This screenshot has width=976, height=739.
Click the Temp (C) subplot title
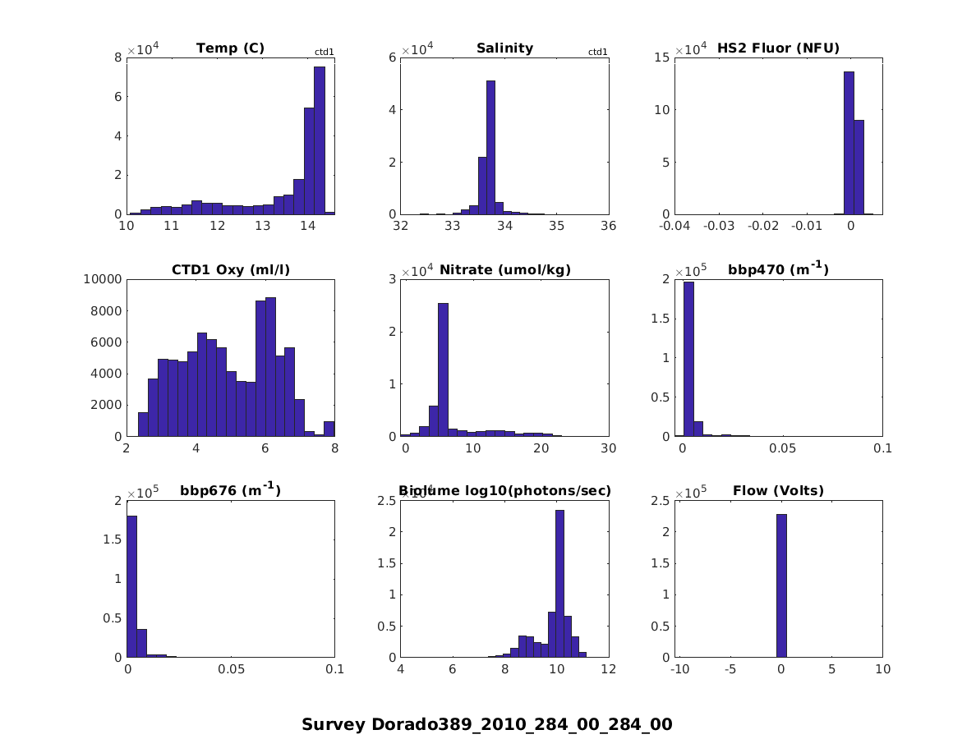click(x=230, y=48)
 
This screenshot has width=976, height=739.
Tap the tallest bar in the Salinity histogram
click(x=490, y=148)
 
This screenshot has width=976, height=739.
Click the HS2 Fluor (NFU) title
click(x=778, y=48)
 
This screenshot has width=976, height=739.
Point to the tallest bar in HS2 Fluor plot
click(x=849, y=143)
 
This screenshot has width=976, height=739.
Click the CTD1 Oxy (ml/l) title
click(x=230, y=270)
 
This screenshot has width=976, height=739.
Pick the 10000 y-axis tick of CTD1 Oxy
click(x=103, y=279)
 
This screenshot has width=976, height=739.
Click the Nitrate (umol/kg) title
click(x=505, y=270)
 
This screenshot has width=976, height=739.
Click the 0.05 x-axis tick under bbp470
click(x=782, y=450)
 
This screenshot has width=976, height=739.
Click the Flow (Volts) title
click(x=778, y=492)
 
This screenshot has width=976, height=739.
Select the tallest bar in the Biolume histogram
click(x=559, y=583)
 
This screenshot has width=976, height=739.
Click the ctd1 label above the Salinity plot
click(x=598, y=53)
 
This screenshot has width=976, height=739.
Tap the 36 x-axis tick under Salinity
click(x=608, y=227)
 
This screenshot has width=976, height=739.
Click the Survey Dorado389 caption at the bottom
click(x=487, y=724)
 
